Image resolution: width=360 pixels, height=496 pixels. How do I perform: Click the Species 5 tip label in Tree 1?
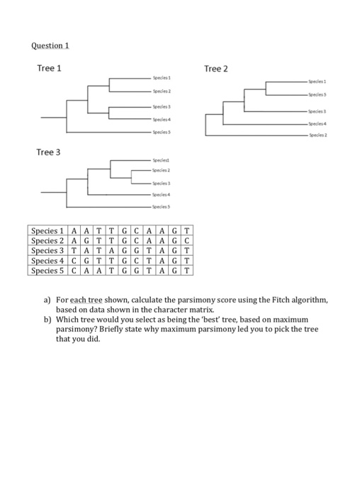click(159, 132)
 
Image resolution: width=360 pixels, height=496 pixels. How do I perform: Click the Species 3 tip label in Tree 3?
click(159, 182)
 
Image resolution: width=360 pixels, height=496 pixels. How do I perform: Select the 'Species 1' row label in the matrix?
click(48, 230)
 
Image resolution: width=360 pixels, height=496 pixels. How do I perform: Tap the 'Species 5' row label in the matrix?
click(48, 270)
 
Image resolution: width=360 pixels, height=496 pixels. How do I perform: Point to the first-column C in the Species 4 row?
click(75, 260)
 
